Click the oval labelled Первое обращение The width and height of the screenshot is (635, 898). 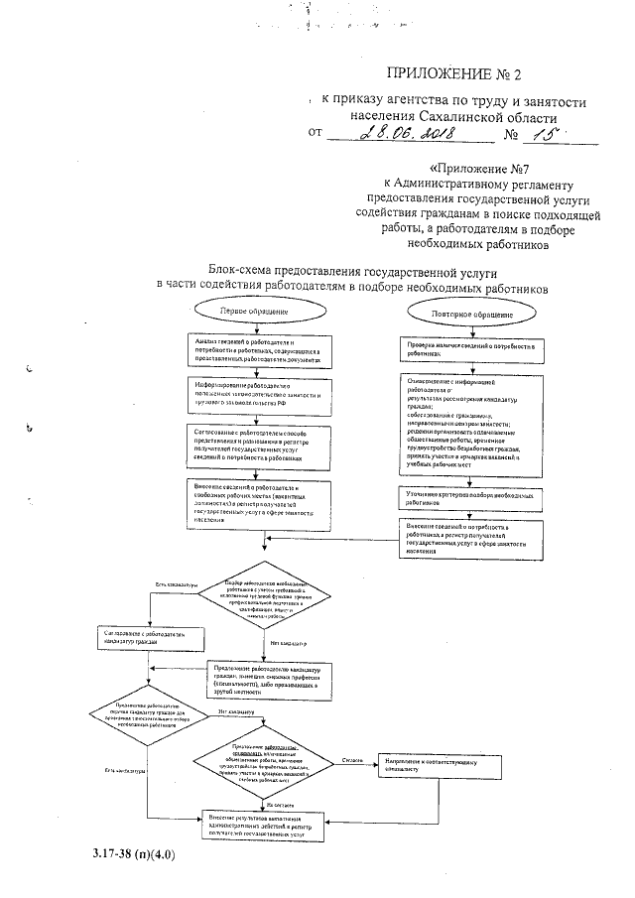click(247, 312)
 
